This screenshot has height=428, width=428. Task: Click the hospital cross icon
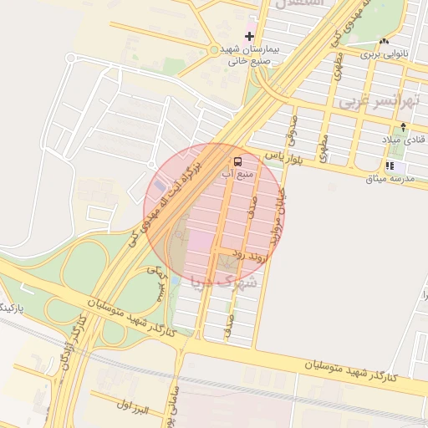(249, 36)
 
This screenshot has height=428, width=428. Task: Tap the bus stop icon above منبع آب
(238, 160)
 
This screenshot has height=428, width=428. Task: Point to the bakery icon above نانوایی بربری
(384, 41)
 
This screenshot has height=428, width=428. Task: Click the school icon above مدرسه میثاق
(390, 166)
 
